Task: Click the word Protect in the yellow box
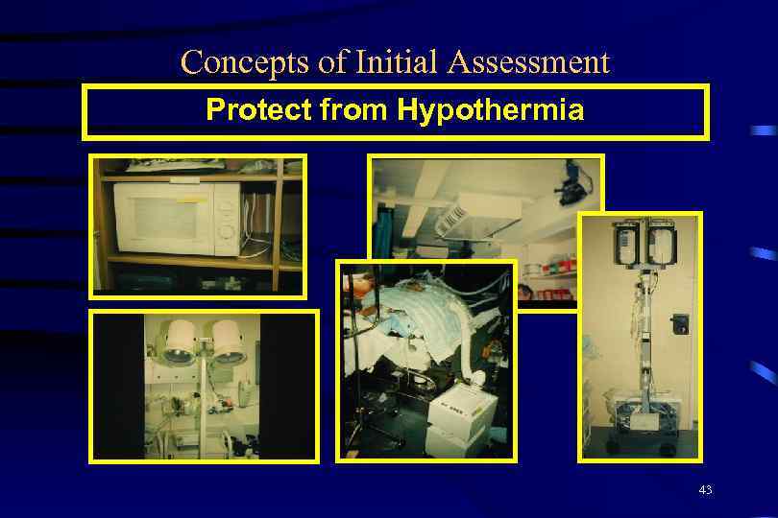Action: [x=258, y=111]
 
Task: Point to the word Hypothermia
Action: [x=490, y=111]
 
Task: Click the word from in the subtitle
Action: [x=354, y=111]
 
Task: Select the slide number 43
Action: [x=705, y=490]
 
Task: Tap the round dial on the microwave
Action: [x=226, y=230]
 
